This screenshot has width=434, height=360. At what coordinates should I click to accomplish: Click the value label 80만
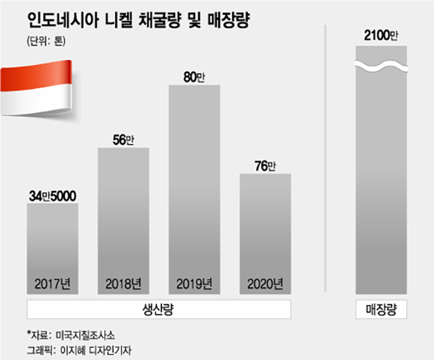point(194,76)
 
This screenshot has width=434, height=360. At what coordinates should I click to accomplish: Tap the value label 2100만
point(381,35)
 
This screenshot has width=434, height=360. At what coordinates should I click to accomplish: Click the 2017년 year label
point(52,283)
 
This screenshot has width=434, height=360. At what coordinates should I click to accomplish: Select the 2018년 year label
point(123,283)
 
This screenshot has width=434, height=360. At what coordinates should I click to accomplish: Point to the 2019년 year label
point(194,283)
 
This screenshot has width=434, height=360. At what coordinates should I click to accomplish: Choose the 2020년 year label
point(265,283)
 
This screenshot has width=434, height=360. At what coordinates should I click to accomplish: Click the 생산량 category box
point(158,309)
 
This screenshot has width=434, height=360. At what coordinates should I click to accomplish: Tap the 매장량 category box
point(381,309)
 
